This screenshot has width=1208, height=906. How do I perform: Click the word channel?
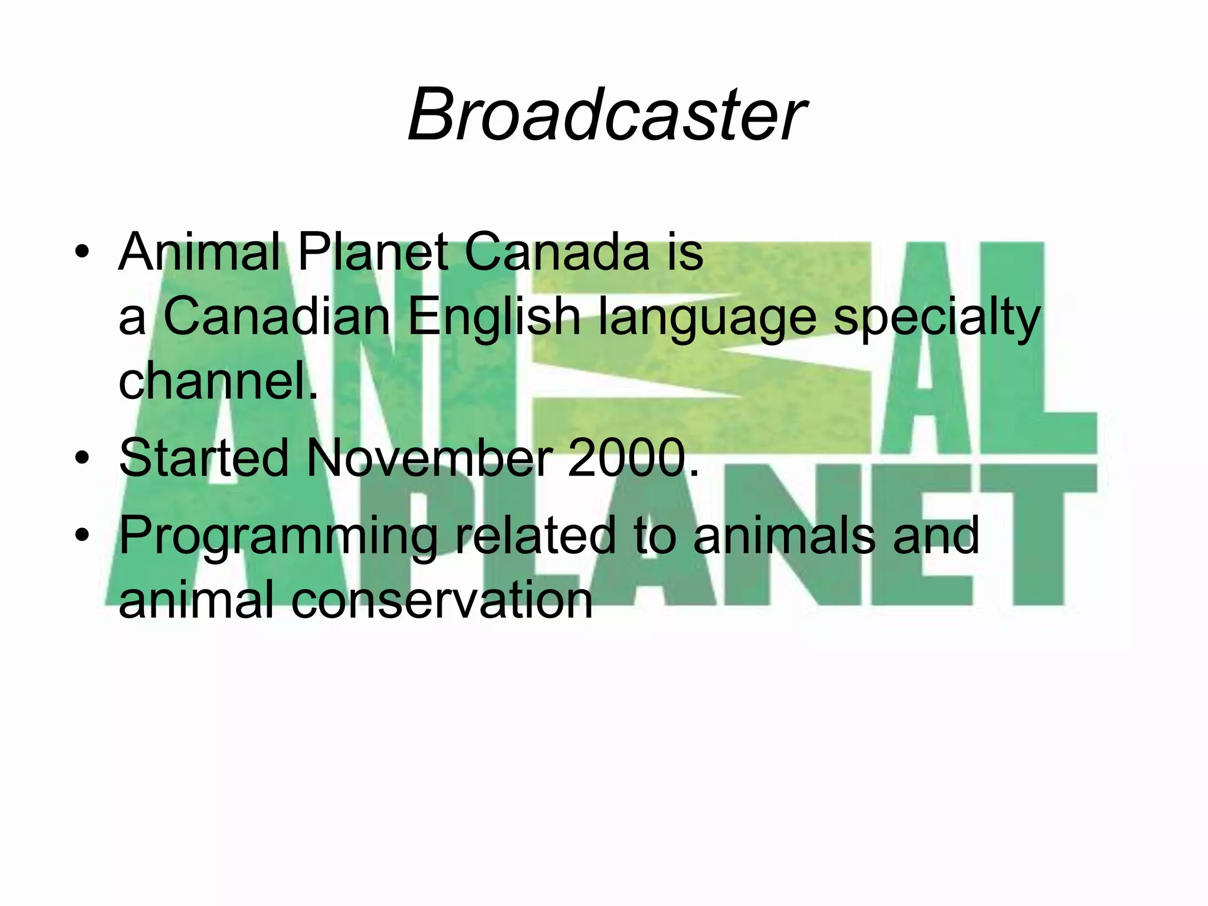point(217,381)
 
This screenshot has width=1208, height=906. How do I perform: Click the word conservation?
point(442,599)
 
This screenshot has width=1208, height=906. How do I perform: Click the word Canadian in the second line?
point(276,317)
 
